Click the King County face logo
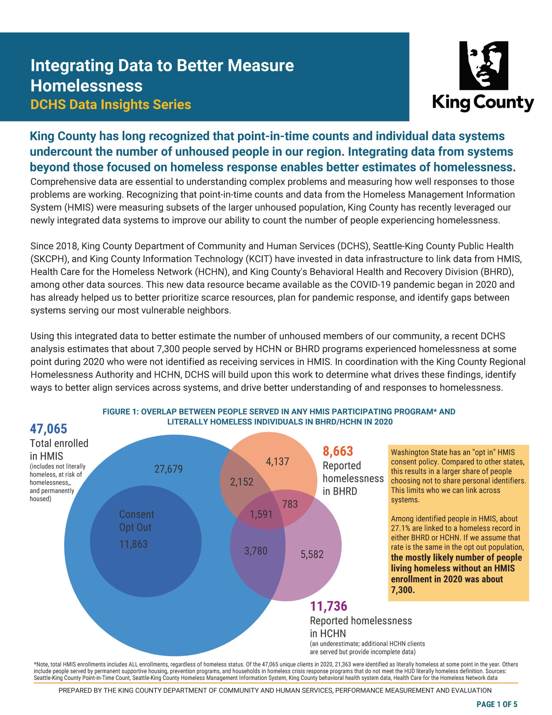[x=483, y=65]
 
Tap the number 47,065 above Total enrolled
[x=48, y=428]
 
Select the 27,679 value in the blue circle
[x=168, y=469]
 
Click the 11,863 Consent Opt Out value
[x=133, y=544]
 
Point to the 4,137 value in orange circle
[x=278, y=462]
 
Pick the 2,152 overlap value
[x=241, y=482]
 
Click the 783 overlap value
[x=290, y=504]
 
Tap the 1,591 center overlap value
[x=261, y=514]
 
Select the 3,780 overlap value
[x=256, y=551]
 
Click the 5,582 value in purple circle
[x=312, y=554]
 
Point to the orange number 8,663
[x=338, y=451]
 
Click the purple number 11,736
[x=329, y=606]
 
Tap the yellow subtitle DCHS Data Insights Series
[x=111, y=104]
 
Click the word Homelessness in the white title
[x=86, y=86]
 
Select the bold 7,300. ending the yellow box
[x=403, y=590]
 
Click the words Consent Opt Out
[x=136, y=521]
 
